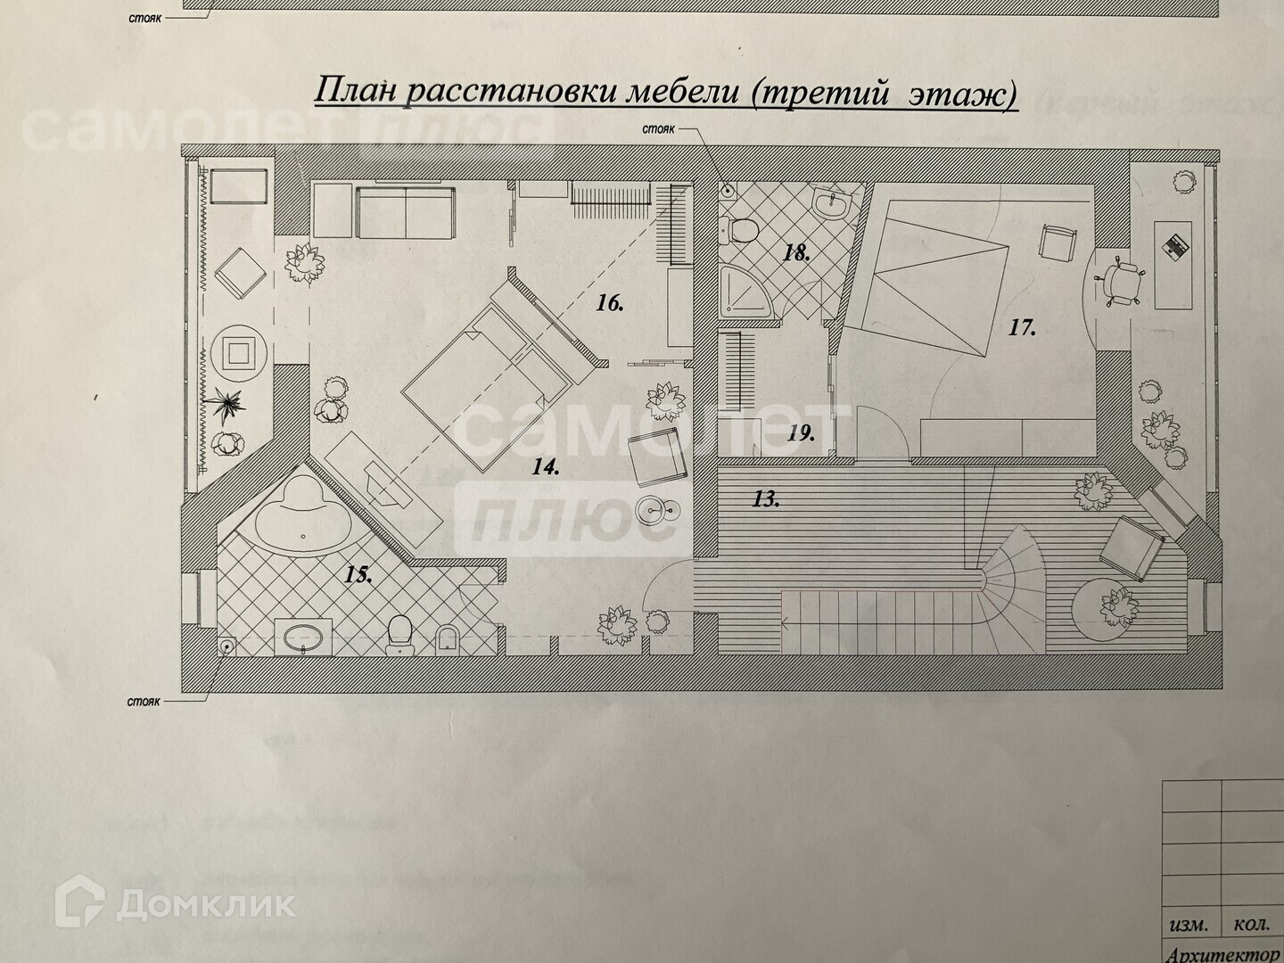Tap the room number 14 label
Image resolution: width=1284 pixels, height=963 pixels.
(546, 466)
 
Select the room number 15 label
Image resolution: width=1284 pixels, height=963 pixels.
(358, 575)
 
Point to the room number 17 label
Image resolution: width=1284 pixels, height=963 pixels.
(1022, 328)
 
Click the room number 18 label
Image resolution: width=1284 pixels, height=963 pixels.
(796, 253)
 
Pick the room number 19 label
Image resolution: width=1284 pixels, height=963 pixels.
(801, 434)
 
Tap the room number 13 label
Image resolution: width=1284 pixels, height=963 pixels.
(765, 499)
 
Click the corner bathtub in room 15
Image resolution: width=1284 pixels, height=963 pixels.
(302, 522)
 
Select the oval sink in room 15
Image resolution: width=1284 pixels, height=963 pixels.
(304, 636)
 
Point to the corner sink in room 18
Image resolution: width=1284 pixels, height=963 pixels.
(833, 204)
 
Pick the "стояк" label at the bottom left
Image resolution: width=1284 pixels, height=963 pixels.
(143, 702)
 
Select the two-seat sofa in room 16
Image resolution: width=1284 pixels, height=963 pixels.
(406, 211)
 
